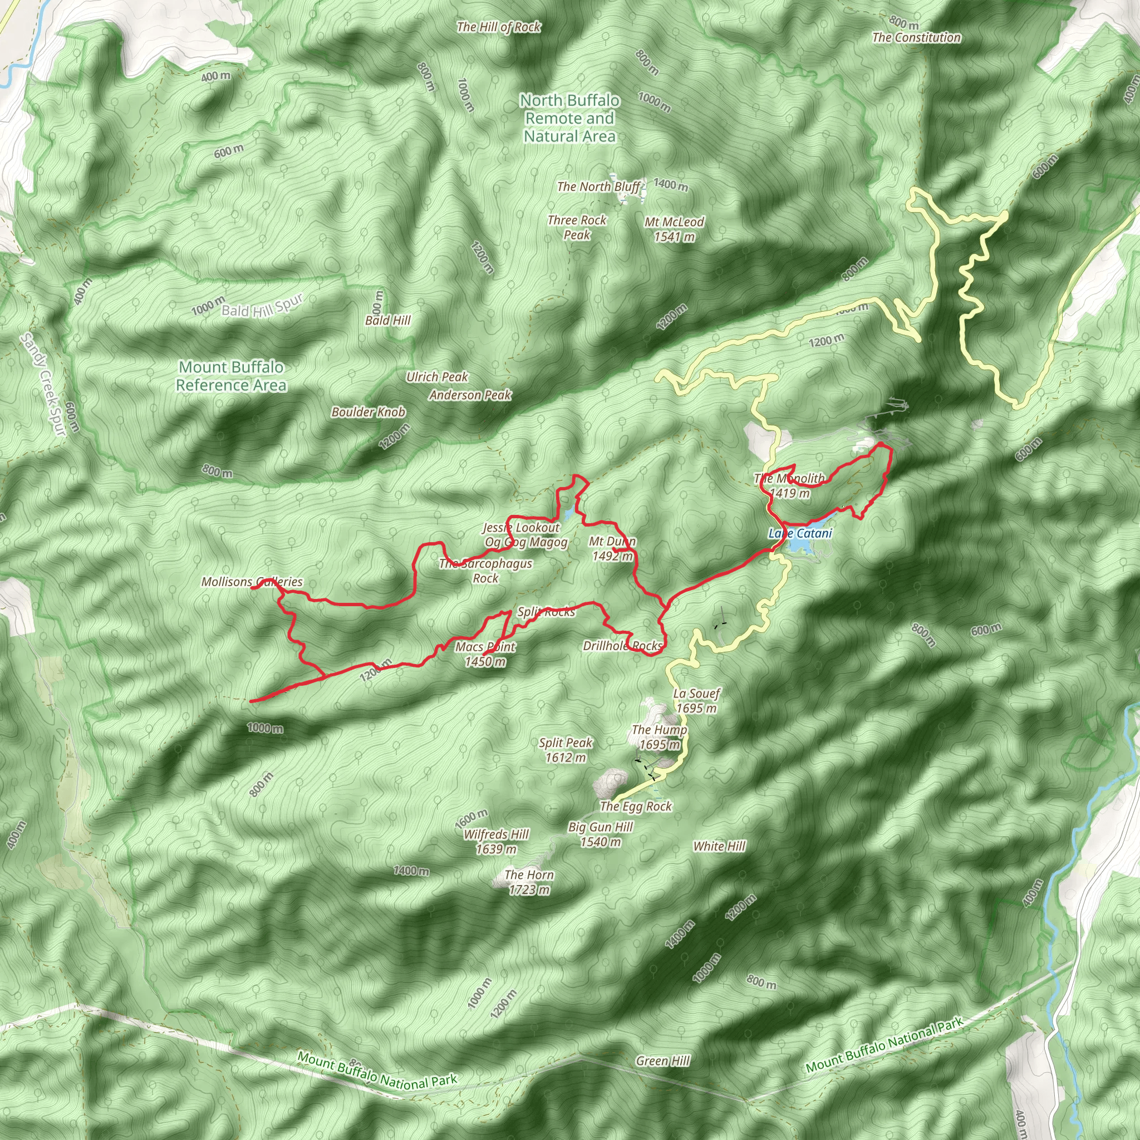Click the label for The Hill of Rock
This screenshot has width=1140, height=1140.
pyautogui.click(x=499, y=27)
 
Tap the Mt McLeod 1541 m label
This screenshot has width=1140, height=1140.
pyautogui.click(x=674, y=229)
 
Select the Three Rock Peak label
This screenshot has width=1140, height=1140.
pyautogui.click(x=577, y=227)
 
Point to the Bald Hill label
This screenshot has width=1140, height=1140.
pyautogui.click(x=387, y=321)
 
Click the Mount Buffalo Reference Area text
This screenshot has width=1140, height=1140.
pyautogui.click(x=232, y=376)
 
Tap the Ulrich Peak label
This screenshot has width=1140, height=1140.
pyautogui.click(x=436, y=376)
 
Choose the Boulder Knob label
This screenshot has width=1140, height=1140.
pyautogui.click(x=368, y=412)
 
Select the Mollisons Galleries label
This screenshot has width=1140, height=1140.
pyautogui.click(x=252, y=582)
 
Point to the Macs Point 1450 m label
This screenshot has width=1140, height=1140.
pyautogui.click(x=485, y=654)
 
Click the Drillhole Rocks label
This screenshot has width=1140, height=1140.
pyautogui.click(x=622, y=646)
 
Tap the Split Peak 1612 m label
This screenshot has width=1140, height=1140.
pyautogui.click(x=566, y=749)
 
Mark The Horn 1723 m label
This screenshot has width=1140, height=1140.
pyautogui.click(x=529, y=882)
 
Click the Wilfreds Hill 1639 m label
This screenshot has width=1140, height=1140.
pyautogui.click(x=495, y=842)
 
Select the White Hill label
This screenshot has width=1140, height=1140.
pyautogui.click(x=719, y=846)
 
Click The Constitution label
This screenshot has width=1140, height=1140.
pyautogui.click(x=916, y=37)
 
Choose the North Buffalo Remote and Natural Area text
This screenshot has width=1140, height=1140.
pyautogui.click(x=569, y=118)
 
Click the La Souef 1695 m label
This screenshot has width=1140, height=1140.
pyautogui.click(x=696, y=700)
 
